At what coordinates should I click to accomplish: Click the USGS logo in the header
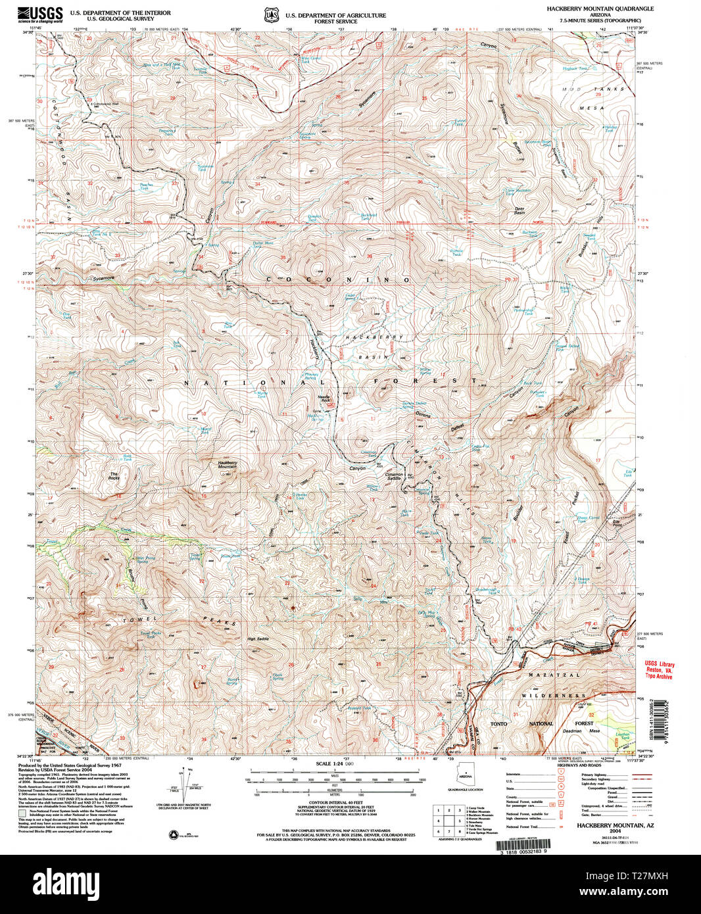pos(41,13)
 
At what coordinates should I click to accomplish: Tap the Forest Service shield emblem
pos(270,14)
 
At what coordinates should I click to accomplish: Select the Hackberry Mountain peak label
pos(227,464)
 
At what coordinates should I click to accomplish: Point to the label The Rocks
pos(114,475)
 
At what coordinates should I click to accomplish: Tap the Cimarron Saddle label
pos(394,476)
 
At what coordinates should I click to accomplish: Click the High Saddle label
pos(258,639)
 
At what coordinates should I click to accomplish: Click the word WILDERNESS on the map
pos(554,695)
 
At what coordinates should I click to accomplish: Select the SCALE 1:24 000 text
pos(335,763)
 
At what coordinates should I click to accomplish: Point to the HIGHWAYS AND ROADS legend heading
pos(579,765)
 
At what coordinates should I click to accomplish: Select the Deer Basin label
pos(520,212)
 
